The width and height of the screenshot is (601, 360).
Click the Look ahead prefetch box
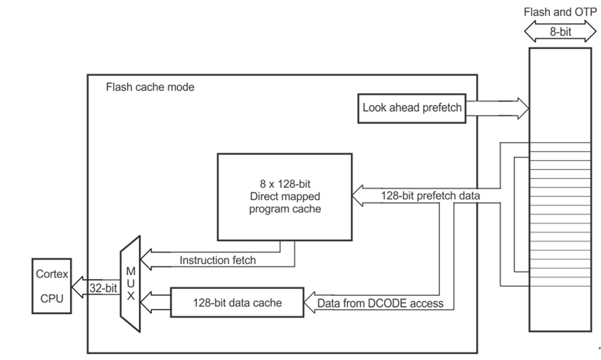click(x=411, y=108)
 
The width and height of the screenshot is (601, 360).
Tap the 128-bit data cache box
click(x=237, y=303)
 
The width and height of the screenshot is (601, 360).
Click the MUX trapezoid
click(x=130, y=284)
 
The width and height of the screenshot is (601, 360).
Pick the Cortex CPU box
click(x=51, y=286)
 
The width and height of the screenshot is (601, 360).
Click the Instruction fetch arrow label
click(x=217, y=260)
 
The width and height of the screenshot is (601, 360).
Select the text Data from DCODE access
click(x=380, y=304)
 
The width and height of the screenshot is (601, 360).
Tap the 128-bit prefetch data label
click(x=430, y=195)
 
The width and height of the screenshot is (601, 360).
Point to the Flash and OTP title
click(x=560, y=12)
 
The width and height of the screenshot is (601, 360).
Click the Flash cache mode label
click(x=150, y=87)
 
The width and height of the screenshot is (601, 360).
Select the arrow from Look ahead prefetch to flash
click(x=498, y=108)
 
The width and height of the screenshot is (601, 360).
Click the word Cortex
click(x=51, y=274)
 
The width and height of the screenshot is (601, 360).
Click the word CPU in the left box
click(x=51, y=299)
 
